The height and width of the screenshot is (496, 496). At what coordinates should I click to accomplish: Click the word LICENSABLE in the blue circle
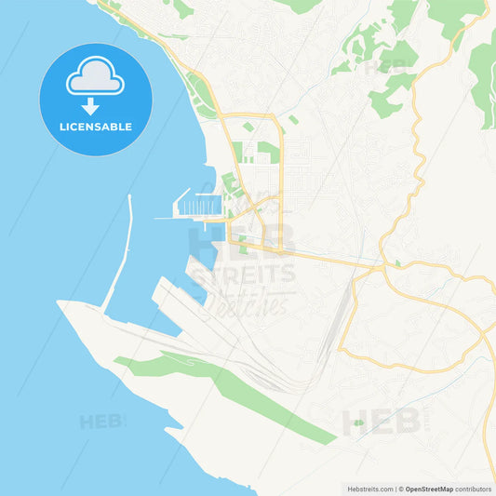click(96, 126)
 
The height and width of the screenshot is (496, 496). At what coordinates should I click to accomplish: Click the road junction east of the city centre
click(381, 267)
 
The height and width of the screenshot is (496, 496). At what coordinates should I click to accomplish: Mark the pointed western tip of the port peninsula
click(60, 302)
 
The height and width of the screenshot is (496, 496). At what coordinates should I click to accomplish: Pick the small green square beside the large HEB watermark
click(358, 423)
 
